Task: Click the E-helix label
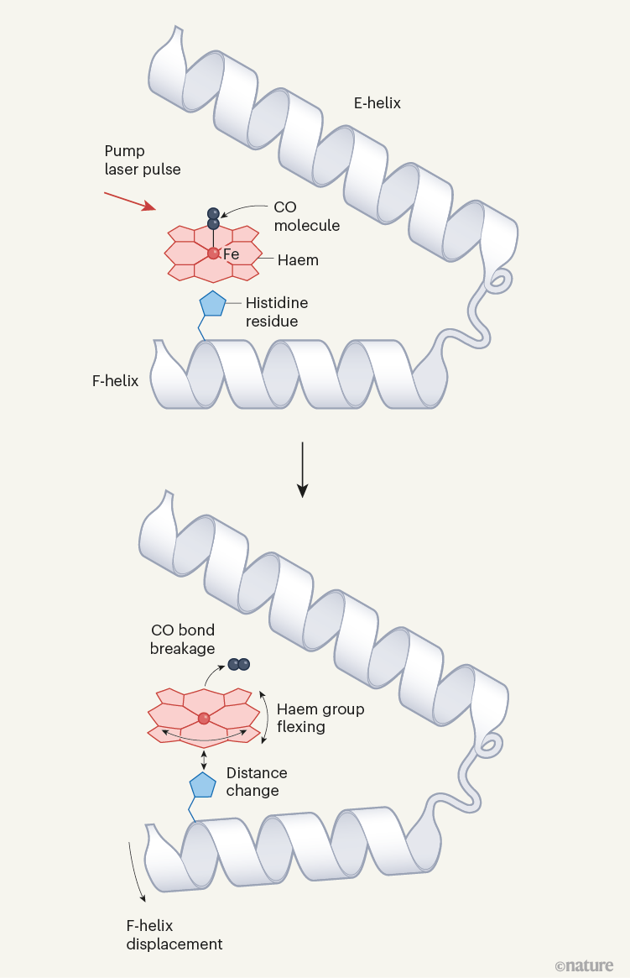(377, 104)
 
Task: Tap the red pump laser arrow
(129, 201)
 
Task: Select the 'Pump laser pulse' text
(142, 160)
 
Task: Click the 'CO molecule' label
(306, 216)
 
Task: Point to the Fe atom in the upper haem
(214, 253)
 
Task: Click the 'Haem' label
(298, 260)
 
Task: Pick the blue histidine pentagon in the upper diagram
(212, 304)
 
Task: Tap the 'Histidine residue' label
(272, 312)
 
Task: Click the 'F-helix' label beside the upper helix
(115, 381)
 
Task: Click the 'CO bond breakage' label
(182, 639)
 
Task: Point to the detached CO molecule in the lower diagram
(239, 664)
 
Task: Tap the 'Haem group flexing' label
(320, 718)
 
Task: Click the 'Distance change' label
(256, 782)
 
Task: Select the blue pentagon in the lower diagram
(203, 785)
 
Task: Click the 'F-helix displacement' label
(174, 934)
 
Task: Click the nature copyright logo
(584, 965)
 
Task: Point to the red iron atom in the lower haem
(204, 718)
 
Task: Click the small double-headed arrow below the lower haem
(204, 759)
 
